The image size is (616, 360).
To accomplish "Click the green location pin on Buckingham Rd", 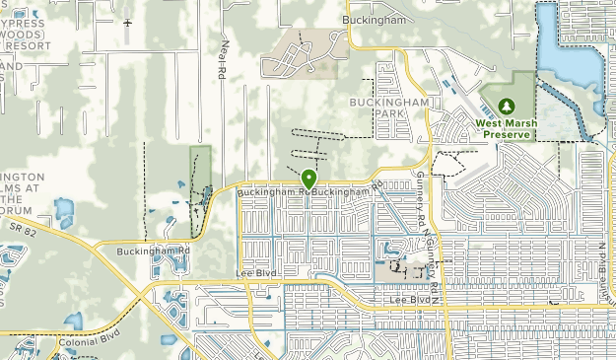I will pos(308,180).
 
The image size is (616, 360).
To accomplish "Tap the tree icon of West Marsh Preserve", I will pos(507,106).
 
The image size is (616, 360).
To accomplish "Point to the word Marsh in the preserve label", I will pos(520,123).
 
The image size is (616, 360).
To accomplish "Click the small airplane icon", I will pos(128,21).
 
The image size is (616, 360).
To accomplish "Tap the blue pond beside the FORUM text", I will pos(64,209).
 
